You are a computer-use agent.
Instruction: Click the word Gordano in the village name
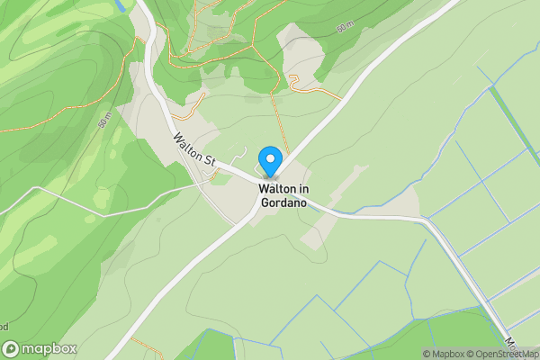click(x=283, y=202)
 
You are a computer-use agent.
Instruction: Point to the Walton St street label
click(x=195, y=150)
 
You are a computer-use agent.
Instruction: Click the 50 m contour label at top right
click(x=343, y=29)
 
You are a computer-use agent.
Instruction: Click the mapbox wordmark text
click(x=50, y=349)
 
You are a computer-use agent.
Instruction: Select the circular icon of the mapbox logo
click(x=12, y=349)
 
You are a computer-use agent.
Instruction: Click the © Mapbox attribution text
click(x=444, y=353)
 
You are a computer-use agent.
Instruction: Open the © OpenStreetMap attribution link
click(x=502, y=353)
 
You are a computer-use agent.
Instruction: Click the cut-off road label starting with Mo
click(x=510, y=343)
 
